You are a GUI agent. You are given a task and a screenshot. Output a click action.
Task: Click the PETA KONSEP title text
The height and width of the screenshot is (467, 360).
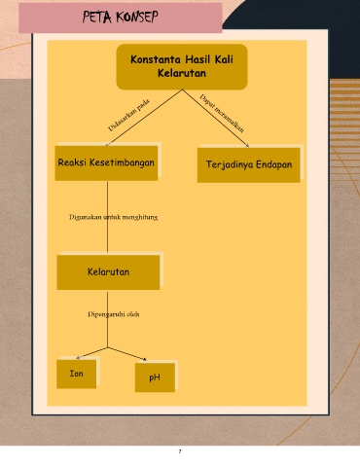pyautogui.click(x=121, y=17)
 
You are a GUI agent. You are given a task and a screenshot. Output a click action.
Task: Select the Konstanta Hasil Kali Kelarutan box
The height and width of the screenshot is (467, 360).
pyautogui.click(x=182, y=67)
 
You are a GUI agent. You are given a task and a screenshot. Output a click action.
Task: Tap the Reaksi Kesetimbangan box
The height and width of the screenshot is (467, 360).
pyautogui.click(x=106, y=162)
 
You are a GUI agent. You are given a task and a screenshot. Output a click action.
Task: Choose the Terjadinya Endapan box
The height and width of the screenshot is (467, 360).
pyautogui.click(x=249, y=164)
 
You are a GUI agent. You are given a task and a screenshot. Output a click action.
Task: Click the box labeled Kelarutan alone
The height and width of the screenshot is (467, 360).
pyautogui.click(x=108, y=272)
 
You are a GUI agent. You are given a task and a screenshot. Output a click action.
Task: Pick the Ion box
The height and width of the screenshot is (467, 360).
pyautogui.click(x=77, y=374)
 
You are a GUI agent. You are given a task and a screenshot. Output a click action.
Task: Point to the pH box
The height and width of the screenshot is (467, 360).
pyautogui.click(x=155, y=377)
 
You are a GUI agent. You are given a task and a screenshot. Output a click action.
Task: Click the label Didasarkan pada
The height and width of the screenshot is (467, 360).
pyautogui.click(x=128, y=115)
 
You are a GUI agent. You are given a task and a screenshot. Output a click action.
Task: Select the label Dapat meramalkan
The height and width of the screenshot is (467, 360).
pyautogui.click(x=222, y=114)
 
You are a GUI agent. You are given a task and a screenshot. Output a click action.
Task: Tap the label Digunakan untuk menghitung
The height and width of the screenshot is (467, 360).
pyautogui.click(x=113, y=217)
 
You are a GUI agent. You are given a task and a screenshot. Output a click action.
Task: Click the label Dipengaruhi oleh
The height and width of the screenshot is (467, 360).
pyautogui.click(x=114, y=314)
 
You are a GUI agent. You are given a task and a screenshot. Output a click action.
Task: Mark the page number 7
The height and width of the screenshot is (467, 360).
pyautogui.click(x=180, y=451)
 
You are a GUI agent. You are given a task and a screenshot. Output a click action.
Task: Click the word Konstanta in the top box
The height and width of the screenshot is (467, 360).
pyautogui.click(x=156, y=59)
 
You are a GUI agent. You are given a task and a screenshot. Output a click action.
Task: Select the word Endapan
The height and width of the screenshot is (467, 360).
pyautogui.click(x=274, y=164)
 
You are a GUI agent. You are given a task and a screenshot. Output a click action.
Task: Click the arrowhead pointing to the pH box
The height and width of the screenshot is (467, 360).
pyautogui.click(x=145, y=359)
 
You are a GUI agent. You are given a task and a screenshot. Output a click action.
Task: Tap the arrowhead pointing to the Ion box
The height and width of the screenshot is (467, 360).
pyautogui.click(x=78, y=358)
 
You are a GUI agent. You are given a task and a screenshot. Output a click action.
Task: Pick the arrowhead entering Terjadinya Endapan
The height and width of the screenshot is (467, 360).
pyautogui.click(x=247, y=146)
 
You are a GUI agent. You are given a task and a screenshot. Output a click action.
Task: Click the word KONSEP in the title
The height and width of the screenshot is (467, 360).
pyautogui.click(x=137, y=17)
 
